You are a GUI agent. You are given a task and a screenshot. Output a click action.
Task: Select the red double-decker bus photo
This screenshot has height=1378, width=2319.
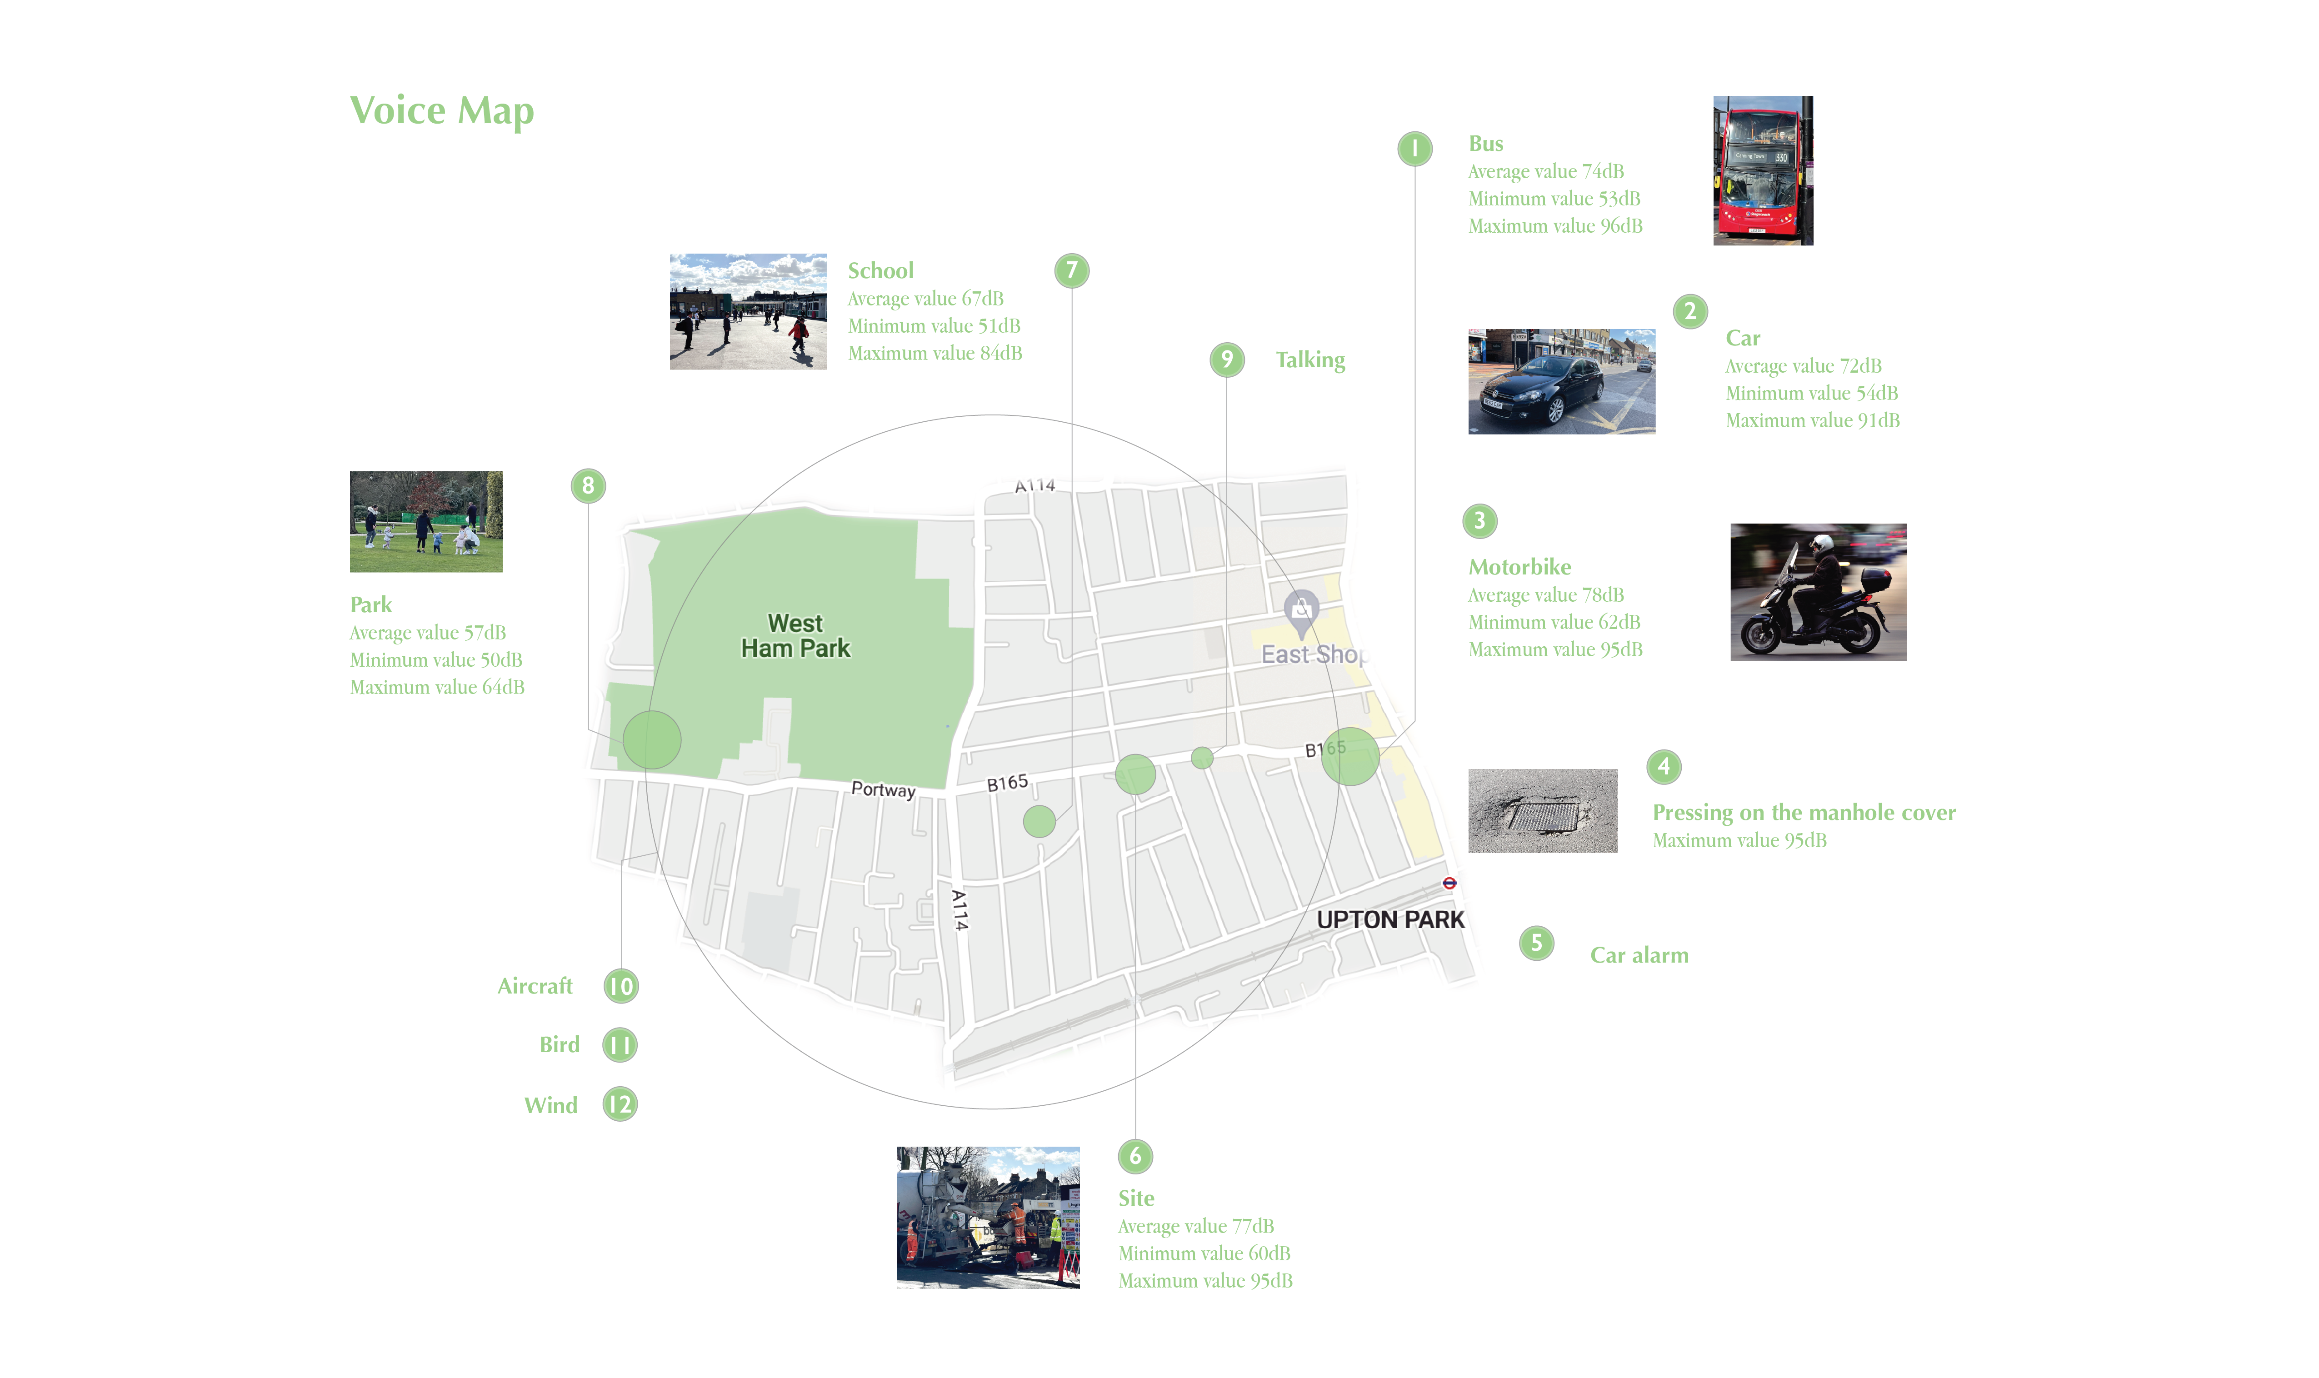[x=1762, y=171]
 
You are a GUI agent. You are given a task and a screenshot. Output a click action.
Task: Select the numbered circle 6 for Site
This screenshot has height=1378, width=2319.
[x=1134, y=1156]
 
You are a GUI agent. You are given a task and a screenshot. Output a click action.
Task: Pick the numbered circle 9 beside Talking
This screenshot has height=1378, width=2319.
[x=1226, y=359]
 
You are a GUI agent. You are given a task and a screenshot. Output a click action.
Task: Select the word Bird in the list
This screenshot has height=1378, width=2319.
[x=559, y=1045]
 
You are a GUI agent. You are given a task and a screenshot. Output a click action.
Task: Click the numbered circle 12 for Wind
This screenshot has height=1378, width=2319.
[x=620, y=1104]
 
